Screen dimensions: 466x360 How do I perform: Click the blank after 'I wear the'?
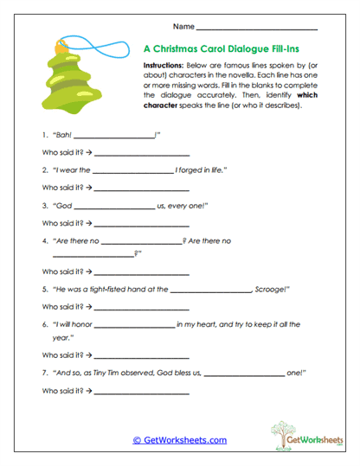[x=131, y=171]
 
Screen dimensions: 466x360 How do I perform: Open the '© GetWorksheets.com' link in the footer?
[x=179, y=440]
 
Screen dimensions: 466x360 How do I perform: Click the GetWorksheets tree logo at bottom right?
[x=303, y=436]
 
